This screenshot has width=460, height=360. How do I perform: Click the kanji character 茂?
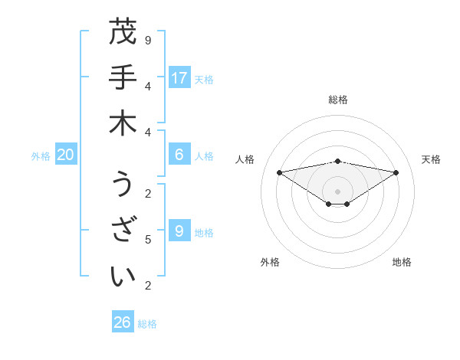point(123,33)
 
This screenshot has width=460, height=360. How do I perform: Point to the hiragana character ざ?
point(123,228)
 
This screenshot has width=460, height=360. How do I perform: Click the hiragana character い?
point(123,275)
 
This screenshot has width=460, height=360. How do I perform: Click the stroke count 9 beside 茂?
point(148,40)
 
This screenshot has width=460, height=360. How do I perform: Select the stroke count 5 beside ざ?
point(148,240)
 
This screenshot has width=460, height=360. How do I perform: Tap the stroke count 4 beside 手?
point(148,85)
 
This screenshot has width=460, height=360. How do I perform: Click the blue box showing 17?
point(179,77)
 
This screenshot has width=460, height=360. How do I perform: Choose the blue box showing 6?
point(179,155)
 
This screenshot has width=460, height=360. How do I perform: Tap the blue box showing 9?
point(179,231)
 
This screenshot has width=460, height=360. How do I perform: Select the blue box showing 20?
point(66,155)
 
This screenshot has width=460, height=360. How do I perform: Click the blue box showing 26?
point(123,322)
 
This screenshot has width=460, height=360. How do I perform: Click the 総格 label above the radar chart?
point(338,100)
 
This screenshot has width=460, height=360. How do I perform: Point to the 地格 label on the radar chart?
point(402,262)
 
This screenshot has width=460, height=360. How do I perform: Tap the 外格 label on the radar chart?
point(270,262)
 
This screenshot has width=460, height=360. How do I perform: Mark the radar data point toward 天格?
point(396,172)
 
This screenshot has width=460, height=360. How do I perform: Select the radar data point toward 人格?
point(280,172)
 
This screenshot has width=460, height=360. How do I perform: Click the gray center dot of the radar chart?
point(338,191)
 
